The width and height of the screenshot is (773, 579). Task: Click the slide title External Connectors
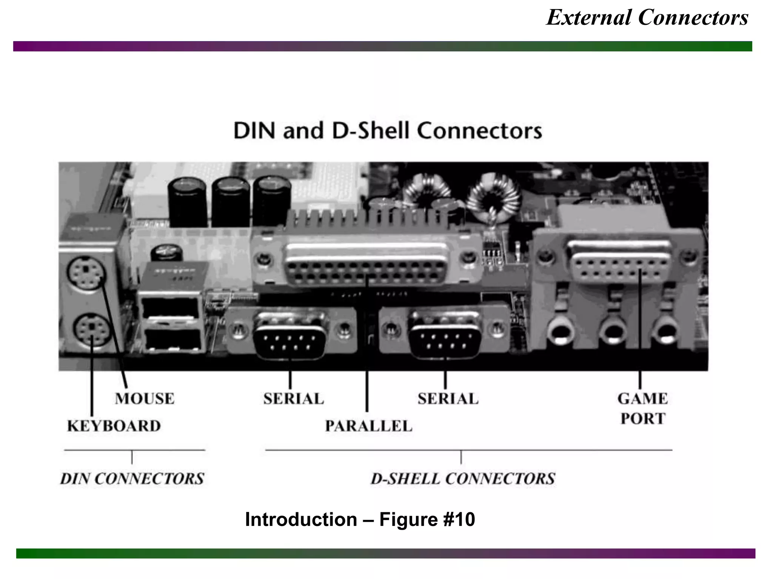click(x=647, y=18)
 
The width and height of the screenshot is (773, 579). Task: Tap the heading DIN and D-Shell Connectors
click(x=388, y=131)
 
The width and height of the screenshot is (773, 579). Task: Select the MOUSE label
click(x=145, y=399)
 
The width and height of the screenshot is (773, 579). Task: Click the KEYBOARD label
click(x=114, y=426)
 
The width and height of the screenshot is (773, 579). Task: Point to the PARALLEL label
click(x=368, y=426)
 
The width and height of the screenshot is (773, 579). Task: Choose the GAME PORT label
click(x=642, y=409)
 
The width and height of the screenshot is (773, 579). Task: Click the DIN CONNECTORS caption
click(x=132, y=479)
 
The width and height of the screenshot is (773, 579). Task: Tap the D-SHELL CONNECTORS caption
click(x=463, y=479)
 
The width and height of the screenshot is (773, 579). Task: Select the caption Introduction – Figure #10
click(x=360, y=519)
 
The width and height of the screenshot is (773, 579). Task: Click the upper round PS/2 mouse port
click(x=87, y=273)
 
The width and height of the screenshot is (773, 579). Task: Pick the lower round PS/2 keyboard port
click(x=91, y=331)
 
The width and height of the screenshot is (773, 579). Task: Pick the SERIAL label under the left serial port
click(x=294, y=399)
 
